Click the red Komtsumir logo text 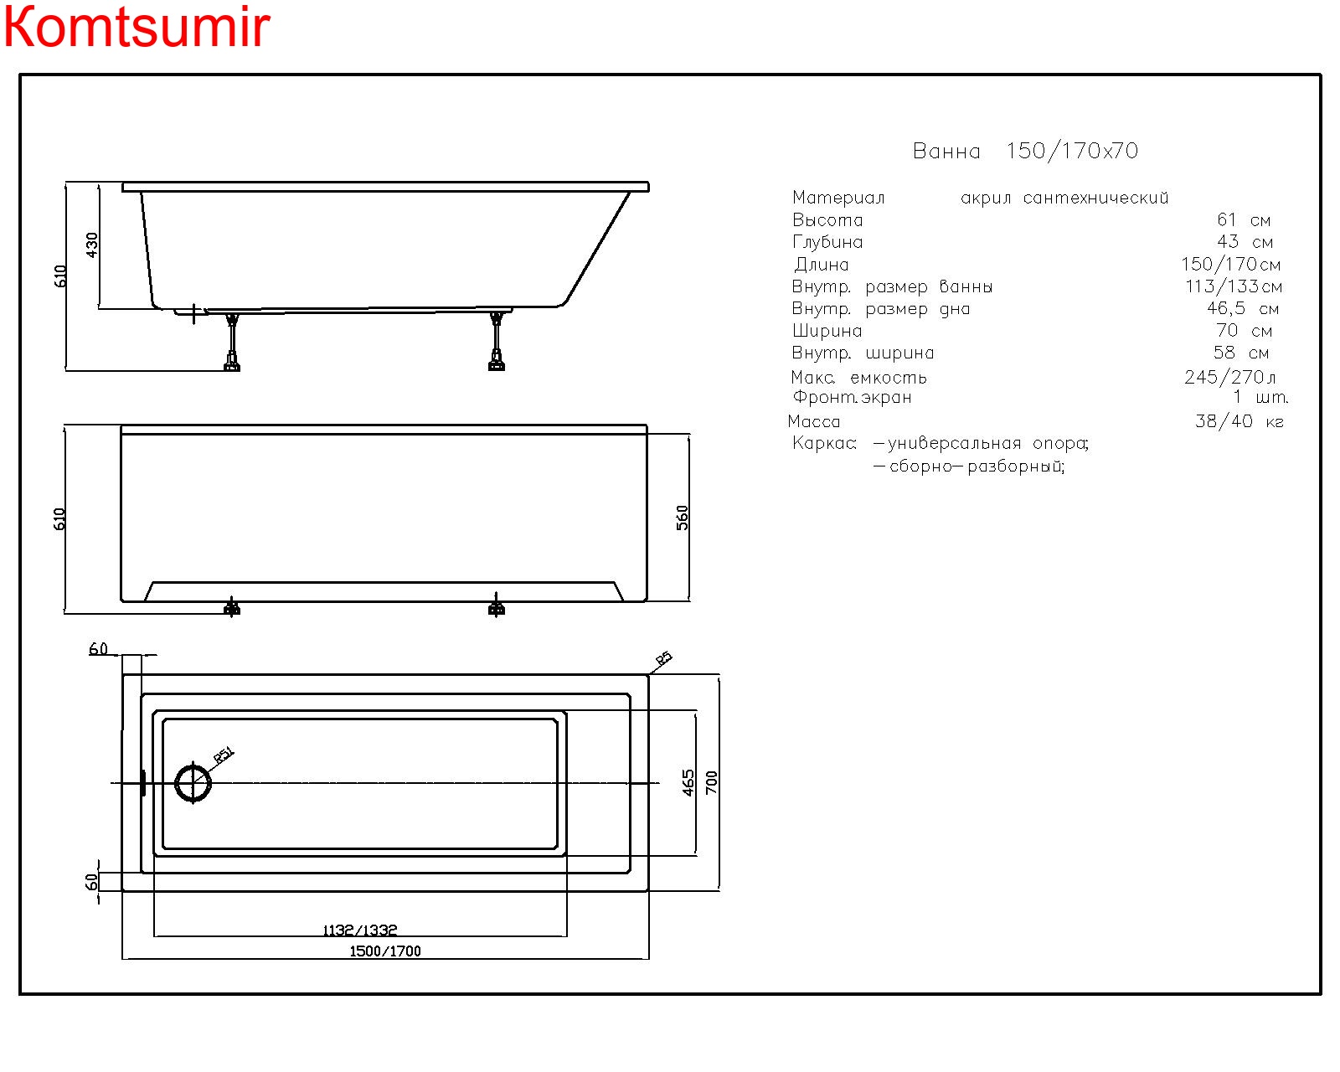[137, 27]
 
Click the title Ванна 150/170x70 [1025, 152]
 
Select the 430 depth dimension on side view [92, 245]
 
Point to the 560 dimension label [683, 518]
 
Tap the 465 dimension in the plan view [688, 783]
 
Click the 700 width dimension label [712, 783]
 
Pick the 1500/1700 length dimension [385, 951]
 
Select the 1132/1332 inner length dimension [360, 930]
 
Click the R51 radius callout [224, 755]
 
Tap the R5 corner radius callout [663, 659]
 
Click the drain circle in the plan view [193, 784]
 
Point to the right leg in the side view [497, 342]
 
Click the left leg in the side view [232, 342]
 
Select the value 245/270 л [1229, 378]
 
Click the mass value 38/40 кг [1239, 421]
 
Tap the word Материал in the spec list [838, 198]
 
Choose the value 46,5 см [1242, 309]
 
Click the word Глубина [827, 243]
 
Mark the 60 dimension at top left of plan [98, 649]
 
